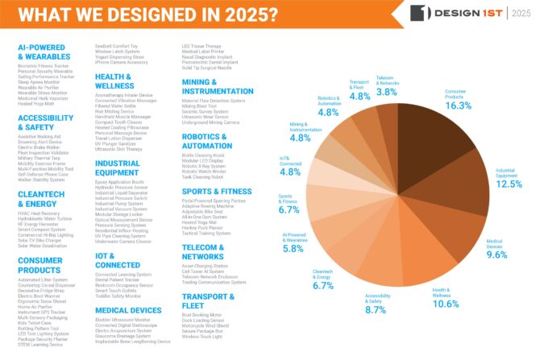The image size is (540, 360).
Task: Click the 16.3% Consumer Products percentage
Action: [x=459, y=105]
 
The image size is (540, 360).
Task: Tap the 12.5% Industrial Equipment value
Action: [x=507, y=184]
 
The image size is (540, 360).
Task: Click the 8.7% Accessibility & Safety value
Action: [x=376, y=309]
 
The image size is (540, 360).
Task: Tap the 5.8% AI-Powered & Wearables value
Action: [x=294, y=250]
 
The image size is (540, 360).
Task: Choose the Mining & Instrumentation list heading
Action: [x=217, y=86]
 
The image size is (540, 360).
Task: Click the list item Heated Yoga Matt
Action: [x=36, y=105]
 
